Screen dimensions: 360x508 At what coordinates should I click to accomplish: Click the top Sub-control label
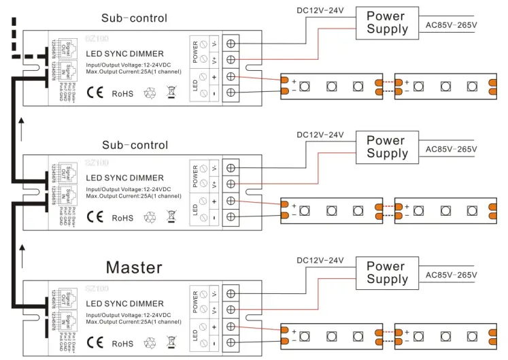134,18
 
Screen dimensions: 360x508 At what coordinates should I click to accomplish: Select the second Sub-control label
135,145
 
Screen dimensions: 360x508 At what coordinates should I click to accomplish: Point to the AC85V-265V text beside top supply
451,24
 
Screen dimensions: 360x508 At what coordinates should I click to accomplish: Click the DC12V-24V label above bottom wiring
320,260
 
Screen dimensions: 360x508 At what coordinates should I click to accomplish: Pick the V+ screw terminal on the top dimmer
231,61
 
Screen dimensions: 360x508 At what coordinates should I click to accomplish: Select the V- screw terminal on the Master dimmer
231,294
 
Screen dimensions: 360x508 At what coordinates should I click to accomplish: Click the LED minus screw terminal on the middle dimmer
231,218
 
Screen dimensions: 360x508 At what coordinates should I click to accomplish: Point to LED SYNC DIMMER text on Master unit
124,304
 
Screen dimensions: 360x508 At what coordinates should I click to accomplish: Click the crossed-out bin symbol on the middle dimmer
171,218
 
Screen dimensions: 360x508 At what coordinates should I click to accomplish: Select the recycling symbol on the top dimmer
150,93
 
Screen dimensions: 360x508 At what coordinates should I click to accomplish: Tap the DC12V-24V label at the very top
320,10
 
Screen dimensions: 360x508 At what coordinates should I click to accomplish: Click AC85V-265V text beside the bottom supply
451,275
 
